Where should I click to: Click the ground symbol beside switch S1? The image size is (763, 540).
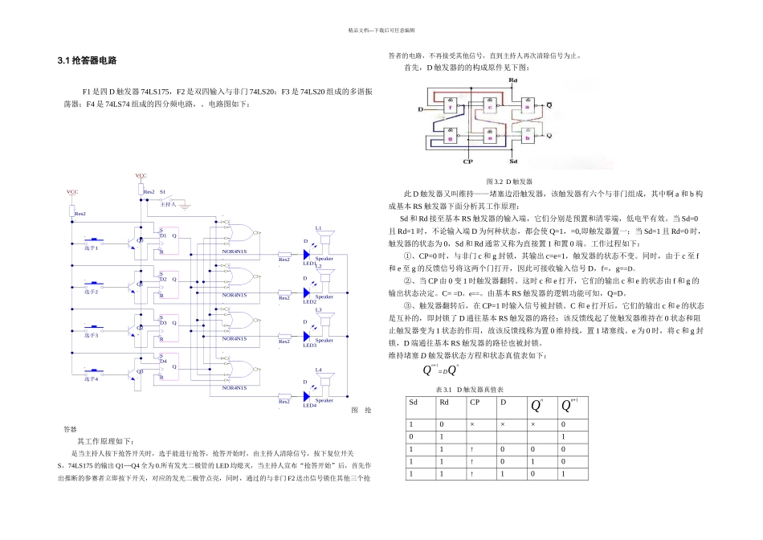point(186,205)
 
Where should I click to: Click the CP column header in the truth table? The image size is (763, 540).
point(479,402)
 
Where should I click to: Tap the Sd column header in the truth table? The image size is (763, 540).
point(414,402)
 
